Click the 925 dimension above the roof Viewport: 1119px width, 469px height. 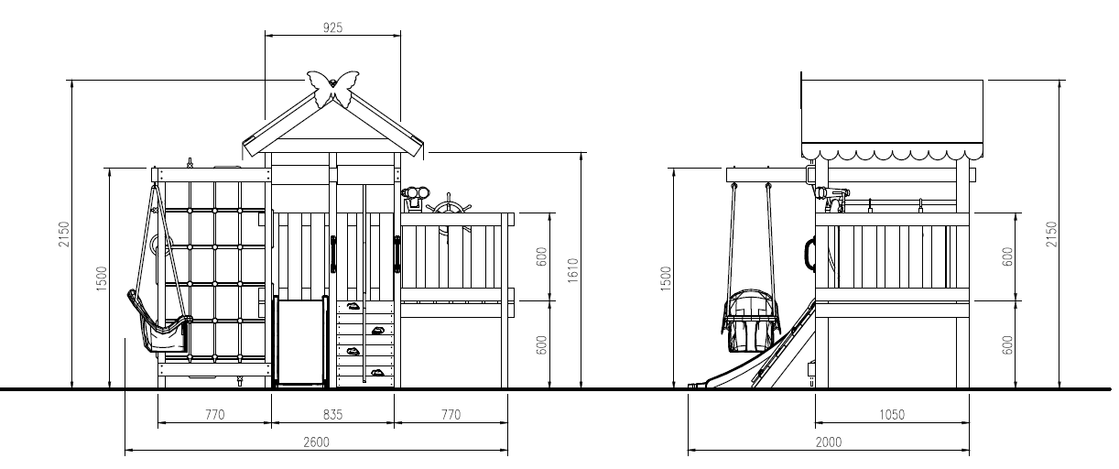point(332,27)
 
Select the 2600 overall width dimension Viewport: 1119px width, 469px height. point(316,442)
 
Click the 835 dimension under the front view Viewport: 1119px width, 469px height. point(332,415)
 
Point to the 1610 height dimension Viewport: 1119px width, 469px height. point(573,270)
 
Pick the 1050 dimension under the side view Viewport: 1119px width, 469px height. point(892,415)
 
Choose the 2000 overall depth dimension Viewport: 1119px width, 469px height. point(829,442)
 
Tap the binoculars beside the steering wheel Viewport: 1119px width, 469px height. point(415,198)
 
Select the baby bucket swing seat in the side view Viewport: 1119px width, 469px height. point(750,321)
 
